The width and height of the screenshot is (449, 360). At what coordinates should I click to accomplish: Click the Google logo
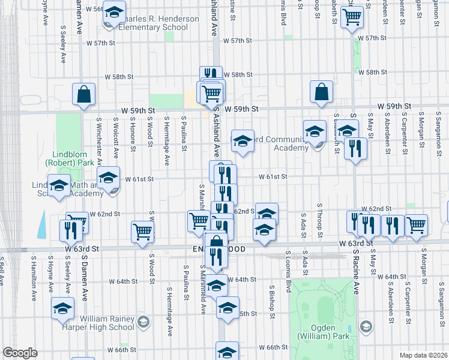click(x=20, y=353)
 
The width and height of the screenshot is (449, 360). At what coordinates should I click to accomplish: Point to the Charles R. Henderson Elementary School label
click(x=158, y=23)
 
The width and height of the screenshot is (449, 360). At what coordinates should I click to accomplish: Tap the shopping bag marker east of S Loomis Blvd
click(x=322, y=92)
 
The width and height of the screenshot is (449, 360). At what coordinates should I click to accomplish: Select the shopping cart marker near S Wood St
click(x=143, y=231)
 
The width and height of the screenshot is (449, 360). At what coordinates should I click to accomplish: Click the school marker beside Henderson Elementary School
click(x=113, y=11)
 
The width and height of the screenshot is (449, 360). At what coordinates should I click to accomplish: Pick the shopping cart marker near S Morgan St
click(x=417, y=226)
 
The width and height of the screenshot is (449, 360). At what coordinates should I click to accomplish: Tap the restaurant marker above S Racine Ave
click(x=356, y=147)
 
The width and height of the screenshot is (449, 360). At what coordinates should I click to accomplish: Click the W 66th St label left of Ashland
click(x=122, y=349)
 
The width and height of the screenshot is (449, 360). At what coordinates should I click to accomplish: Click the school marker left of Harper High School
click(x=62, y=308)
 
